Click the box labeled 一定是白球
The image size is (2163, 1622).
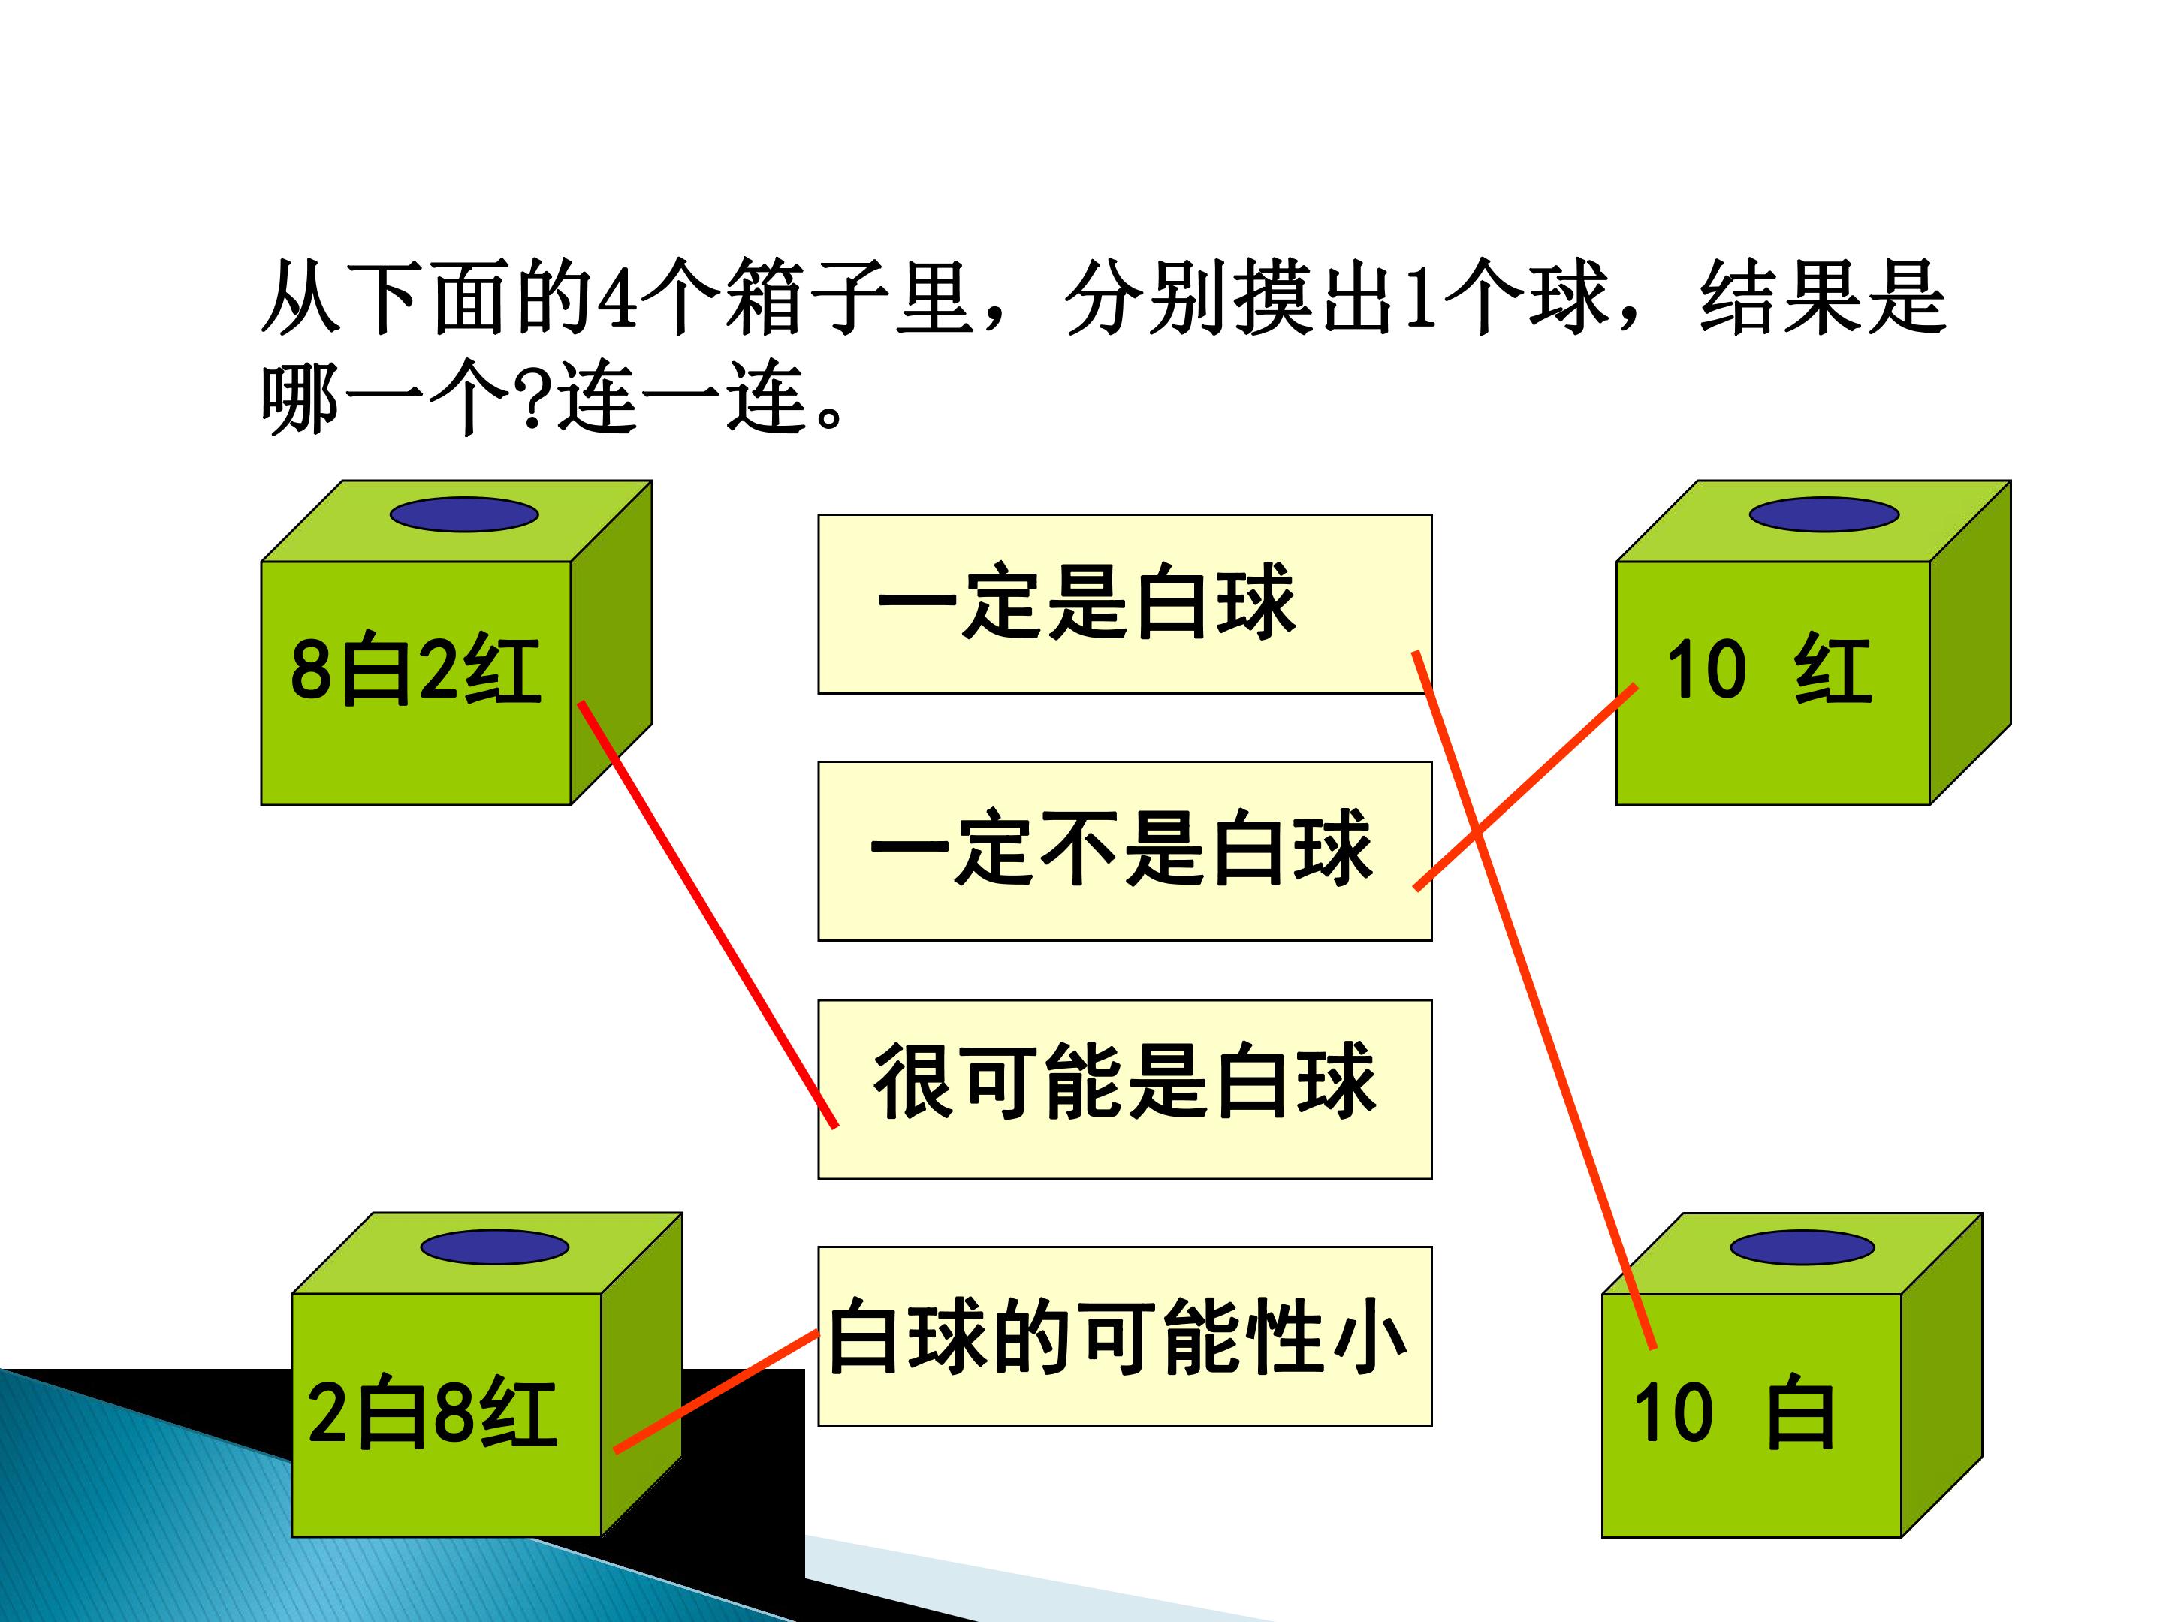[1085, 602]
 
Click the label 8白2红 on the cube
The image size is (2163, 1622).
[415, 671]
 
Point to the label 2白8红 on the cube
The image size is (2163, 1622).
[432, 1414]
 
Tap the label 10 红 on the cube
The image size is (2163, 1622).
[1768, 671]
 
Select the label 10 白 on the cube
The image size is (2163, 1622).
[1733, 1414]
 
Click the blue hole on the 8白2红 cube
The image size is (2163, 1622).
[464, 514]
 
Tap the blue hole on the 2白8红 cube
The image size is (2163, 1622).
[495, 1247]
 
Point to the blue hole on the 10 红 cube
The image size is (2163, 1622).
[1824, 514]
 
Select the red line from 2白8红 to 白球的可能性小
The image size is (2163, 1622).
[716, 1390]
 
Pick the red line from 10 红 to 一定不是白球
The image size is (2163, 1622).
[1525, 787]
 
